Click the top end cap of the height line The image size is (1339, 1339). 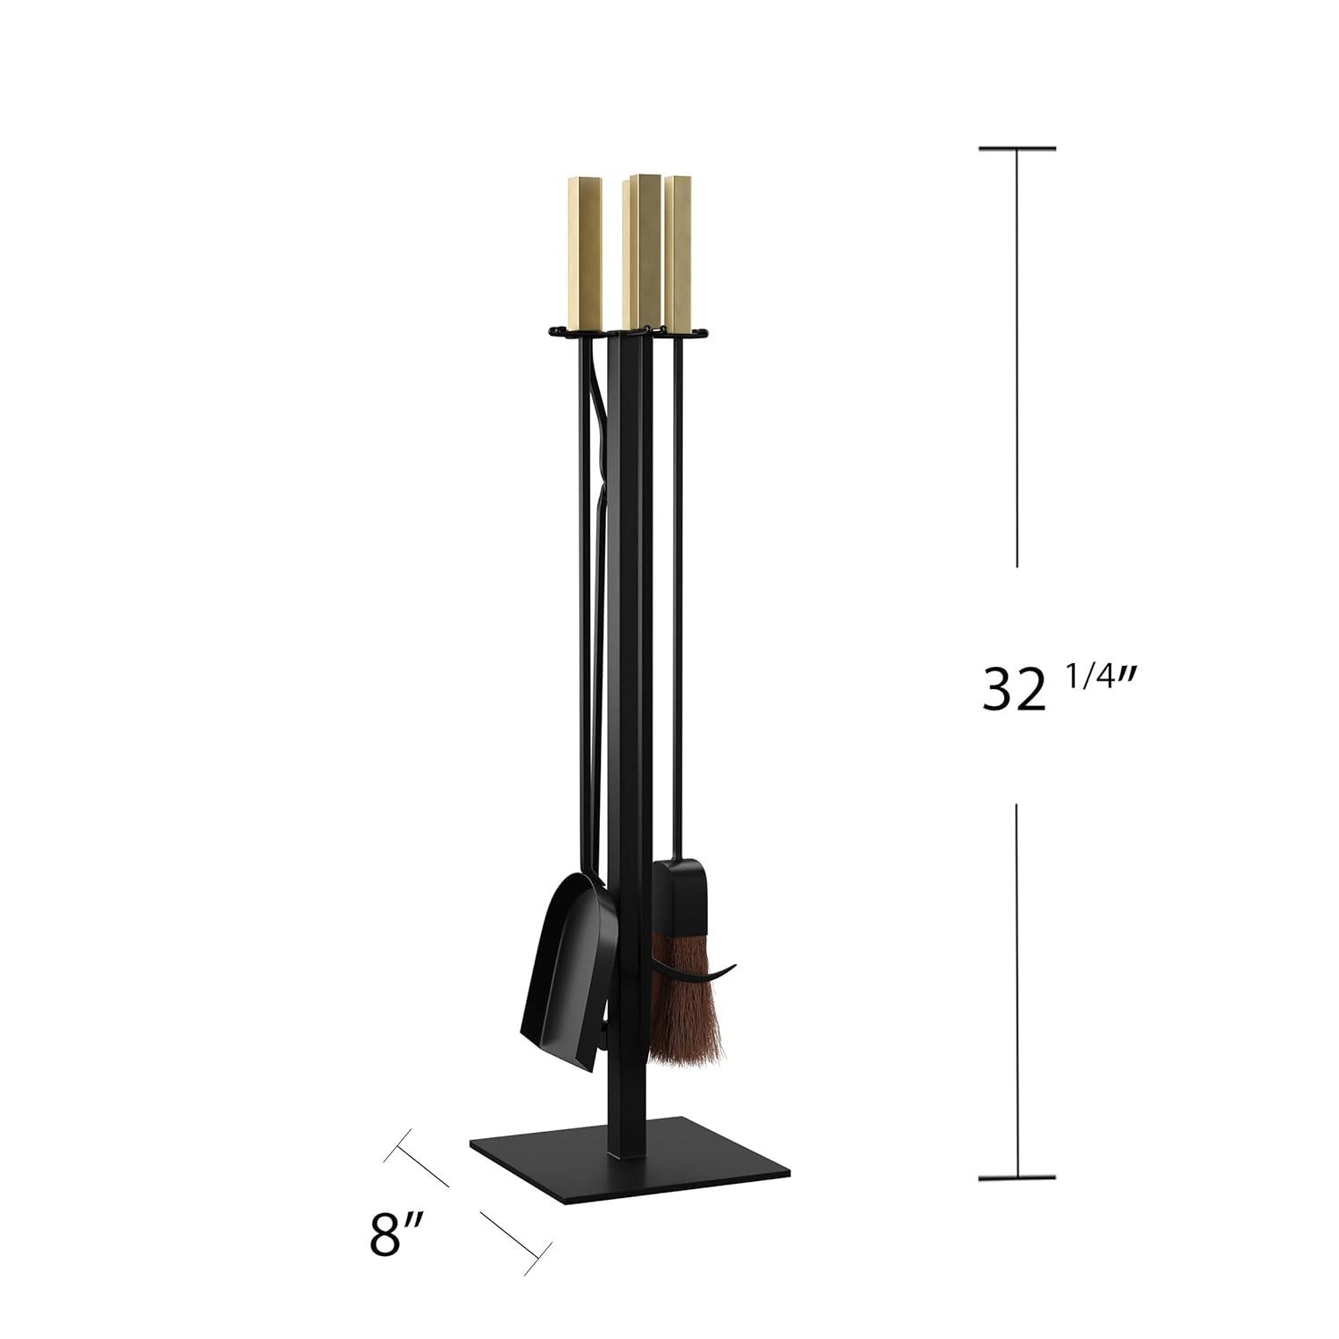pyautogui.click(x=1018, y=148)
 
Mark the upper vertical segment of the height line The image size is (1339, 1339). pyautogui.click(x=1018, y=357)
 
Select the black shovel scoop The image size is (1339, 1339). pyautogui.click(x=562, y=973)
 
